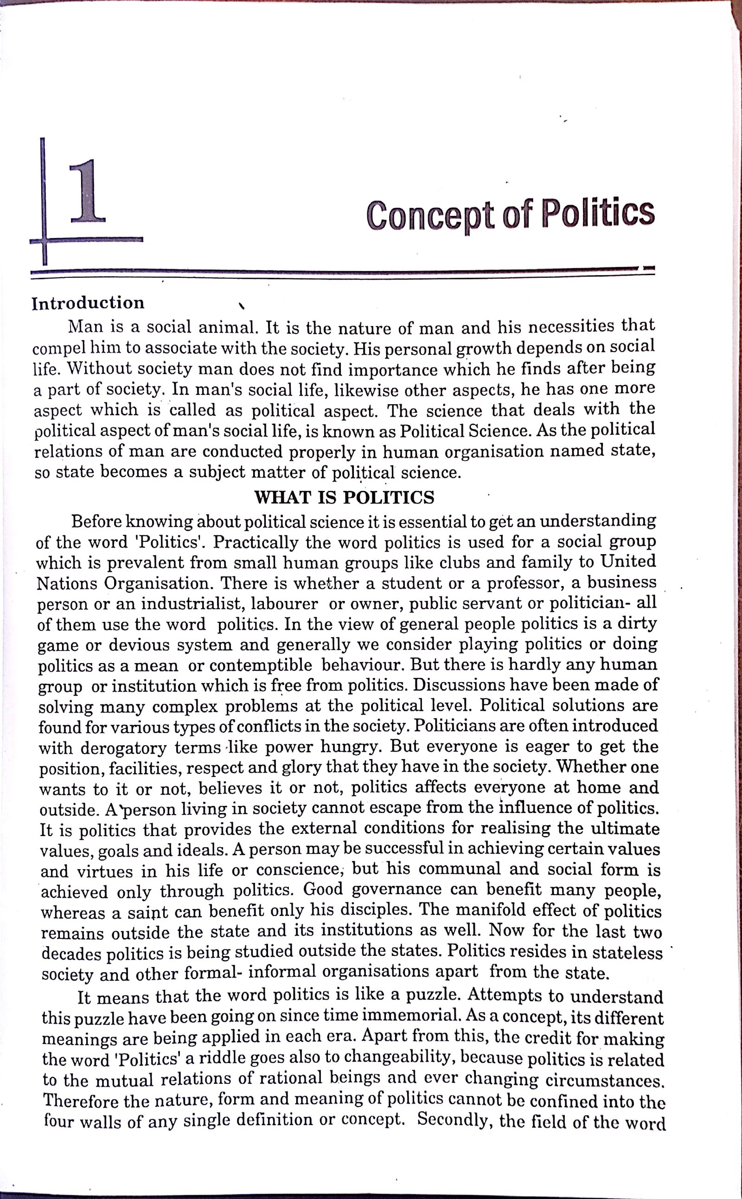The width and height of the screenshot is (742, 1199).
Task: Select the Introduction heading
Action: [88, 303]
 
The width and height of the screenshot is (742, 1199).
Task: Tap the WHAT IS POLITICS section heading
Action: [344, 498]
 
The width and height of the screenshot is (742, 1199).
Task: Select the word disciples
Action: [373, 911]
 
